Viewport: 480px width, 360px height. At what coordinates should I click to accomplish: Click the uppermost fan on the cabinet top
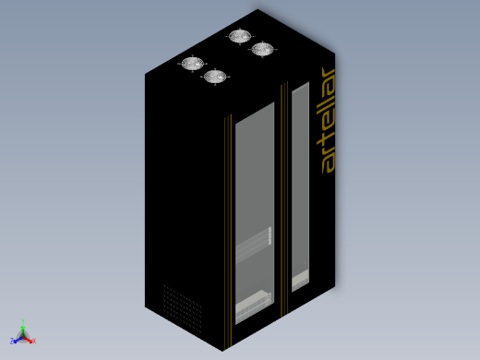pos(240,36)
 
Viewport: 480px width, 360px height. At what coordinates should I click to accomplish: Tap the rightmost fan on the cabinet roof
pos(262,49)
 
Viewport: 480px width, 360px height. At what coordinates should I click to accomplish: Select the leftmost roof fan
pos(193,64)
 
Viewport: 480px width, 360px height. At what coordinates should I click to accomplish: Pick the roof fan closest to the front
pos(215,77)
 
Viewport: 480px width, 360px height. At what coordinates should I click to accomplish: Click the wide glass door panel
pos(255,213)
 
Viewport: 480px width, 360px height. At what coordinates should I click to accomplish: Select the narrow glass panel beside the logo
pos(300,186)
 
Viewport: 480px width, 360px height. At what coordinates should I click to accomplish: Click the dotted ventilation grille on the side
pos(182,308)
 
